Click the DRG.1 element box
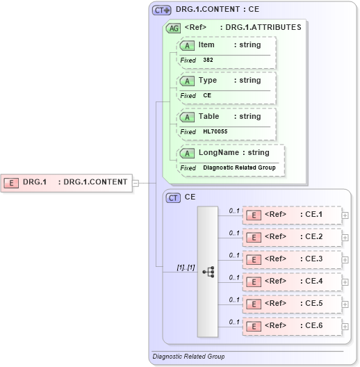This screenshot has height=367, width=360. pos(67,182)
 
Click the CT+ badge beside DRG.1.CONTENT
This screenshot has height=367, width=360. pos(162,10)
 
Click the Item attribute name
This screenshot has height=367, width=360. pos(206,45)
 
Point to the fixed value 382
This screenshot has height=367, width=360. pos(208,60)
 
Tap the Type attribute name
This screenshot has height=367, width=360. pos(207,81)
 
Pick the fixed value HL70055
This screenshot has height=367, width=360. pos(215,131)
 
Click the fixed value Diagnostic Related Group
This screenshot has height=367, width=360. pos(239,168)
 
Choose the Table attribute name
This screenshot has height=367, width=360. pos(208,117)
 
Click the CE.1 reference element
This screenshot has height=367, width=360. pos(291,215)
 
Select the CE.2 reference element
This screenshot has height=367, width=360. pos(291,237)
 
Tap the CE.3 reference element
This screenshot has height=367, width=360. pos(291,259)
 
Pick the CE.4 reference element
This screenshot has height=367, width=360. pos(291,282)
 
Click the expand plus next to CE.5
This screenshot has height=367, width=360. pos(345,304)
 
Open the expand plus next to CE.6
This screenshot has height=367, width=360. pos(345,326)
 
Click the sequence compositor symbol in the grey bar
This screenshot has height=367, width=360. pos(208,271)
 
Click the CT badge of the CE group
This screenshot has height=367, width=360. pos(174,197)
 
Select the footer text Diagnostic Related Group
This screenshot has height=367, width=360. pos(188,357)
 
